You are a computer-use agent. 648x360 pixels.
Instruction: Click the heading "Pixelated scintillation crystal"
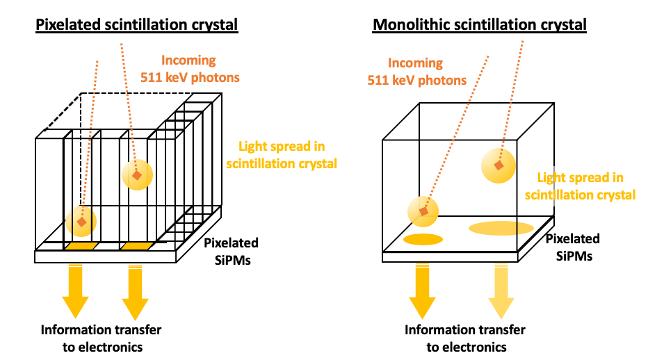pyautogui.click(x=137, y=25)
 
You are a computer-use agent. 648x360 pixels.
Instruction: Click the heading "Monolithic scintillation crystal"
pyautogui.click(x=480, y=25)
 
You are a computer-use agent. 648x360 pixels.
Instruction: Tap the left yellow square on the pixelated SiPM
pyautogui.click(x=80, y=247)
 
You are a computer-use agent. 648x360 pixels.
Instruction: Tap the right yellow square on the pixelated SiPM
pyautogui.click(x=136, y=247)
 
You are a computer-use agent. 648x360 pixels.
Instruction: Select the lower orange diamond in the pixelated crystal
pyautogui.click(x=82, y=222)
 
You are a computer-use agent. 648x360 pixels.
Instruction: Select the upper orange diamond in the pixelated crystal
pyautogui.click(x=137, y=175)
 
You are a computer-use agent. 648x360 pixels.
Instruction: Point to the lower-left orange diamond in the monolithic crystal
pyautogui.click(x=424, y=211)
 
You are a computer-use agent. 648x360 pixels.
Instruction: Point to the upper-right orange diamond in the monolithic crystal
pyautogui.click(x=498, y=165)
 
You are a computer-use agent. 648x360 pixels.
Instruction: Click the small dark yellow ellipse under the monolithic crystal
pyautogui.click(x=423, y=240)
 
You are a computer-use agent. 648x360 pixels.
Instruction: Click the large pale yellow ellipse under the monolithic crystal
pyautogui.click(x=501, y=228)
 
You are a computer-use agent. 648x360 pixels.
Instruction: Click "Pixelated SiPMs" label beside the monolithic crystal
pyautogui.click(x=572, y=247)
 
